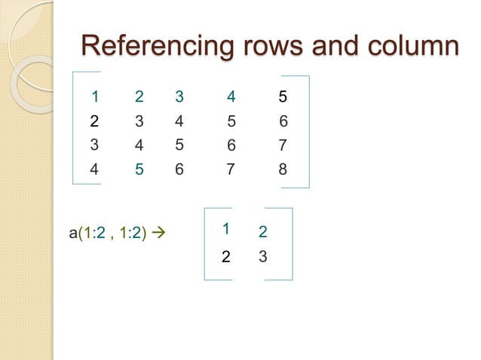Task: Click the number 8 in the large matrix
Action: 283,169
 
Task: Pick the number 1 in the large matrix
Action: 95,96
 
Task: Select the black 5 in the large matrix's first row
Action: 283,96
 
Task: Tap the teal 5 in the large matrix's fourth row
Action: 139,169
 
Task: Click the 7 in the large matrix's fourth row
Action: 231,169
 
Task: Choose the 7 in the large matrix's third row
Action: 283,145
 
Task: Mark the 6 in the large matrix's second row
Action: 283,121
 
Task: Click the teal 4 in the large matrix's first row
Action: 231,96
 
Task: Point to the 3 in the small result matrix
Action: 262,256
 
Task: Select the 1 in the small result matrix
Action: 225,228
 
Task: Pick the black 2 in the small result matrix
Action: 225,257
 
